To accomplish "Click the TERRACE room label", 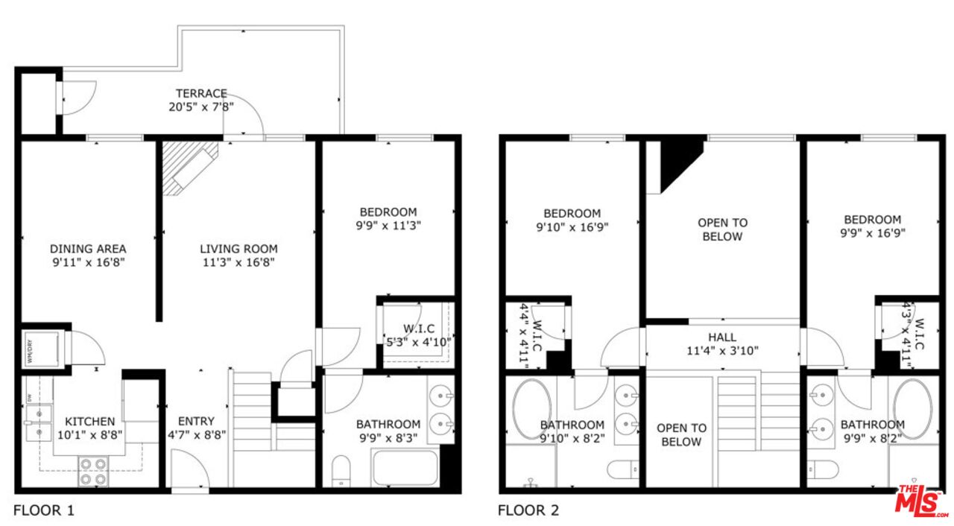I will tap(201, 94).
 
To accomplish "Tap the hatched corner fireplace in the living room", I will tap(189, 167).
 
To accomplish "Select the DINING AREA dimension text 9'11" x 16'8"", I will tap(88, 262).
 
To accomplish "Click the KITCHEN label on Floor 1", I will tap(89, 422).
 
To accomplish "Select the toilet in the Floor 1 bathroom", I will tap(341, 470).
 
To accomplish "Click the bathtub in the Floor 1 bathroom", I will tap(404, 468).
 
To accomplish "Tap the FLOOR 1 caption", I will tap(44, 511).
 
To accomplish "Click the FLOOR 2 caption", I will tap(528, 511).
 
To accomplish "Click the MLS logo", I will tap(920, 501).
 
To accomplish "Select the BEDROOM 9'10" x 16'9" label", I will tap(572, 221).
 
